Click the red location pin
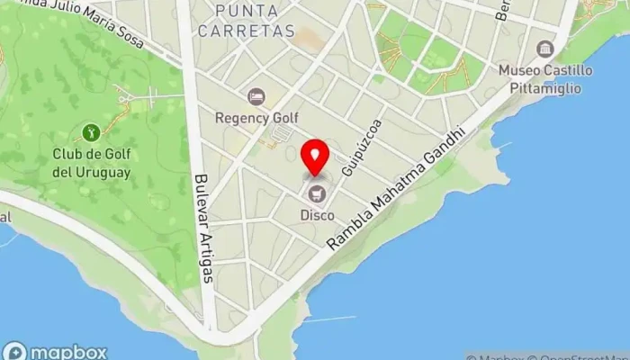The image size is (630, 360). coord(315,158)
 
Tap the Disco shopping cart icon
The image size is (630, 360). coord(317,193)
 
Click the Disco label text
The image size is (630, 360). coord(317,215)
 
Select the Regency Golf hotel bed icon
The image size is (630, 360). coord(256,95)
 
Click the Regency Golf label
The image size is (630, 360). coord(256,117)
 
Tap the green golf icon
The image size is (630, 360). coord(91,133)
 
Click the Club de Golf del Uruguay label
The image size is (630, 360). coord(92,164)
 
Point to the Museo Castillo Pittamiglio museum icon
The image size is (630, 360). coord(544,49)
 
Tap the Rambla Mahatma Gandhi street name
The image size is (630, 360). coord(397,188)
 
